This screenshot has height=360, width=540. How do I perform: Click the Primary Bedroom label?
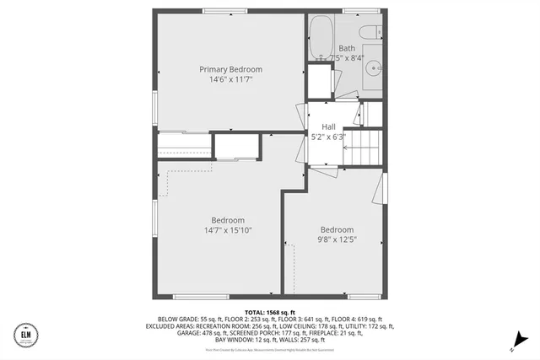(x=230, y=69)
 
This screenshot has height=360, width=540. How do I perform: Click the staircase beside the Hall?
(x=364, y=147)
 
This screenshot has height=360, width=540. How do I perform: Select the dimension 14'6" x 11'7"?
(x=230, y=79)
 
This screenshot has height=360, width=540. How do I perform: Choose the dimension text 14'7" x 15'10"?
(x=228, y=230)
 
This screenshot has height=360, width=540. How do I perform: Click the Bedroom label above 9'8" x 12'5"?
(x=337, y=229)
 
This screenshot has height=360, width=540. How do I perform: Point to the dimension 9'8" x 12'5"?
(x=337, y=239)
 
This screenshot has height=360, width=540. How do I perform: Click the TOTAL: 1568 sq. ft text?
(x=270, y=312)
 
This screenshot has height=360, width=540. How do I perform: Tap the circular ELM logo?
(x=24, y=336)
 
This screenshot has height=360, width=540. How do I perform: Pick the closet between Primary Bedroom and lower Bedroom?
(x=237, y=147)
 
